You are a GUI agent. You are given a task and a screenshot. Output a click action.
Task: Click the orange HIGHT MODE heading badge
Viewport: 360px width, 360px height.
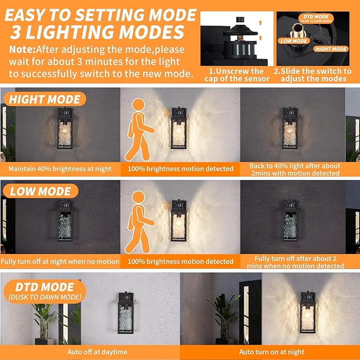coord(44,99)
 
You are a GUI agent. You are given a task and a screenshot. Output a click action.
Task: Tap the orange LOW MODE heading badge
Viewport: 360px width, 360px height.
coord(40,191)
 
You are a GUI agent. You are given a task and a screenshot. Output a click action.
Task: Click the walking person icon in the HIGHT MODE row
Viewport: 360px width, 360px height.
coord(138,129)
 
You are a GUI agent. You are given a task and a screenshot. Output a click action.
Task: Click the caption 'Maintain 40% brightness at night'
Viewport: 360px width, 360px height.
coord(60,169)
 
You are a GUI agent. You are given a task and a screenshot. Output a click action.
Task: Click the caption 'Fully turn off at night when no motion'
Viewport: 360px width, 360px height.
coord(60,261)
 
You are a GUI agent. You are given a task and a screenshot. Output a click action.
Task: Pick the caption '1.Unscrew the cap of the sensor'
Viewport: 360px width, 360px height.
coord(237,75)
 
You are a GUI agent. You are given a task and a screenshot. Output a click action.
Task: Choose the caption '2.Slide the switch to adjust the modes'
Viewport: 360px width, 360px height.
coord(312,75)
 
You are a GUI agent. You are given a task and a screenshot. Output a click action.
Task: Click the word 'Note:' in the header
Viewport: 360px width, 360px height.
coord(22,49)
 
